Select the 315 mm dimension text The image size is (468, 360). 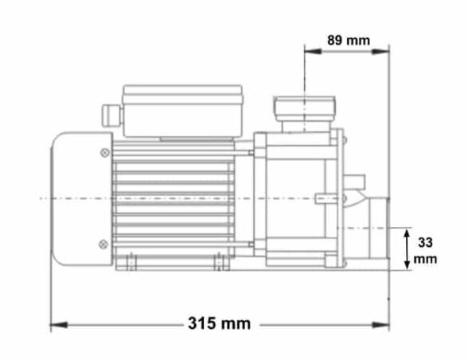[219, 323]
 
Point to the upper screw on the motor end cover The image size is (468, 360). [105, 152]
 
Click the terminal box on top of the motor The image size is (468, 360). [181, 110]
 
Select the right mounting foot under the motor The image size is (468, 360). [217, 261]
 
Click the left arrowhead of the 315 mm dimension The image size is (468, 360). [56, 324]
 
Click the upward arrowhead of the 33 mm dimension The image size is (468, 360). [407, 232]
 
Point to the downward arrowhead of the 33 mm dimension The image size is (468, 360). [407, 264]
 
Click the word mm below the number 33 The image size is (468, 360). [428, 259]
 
